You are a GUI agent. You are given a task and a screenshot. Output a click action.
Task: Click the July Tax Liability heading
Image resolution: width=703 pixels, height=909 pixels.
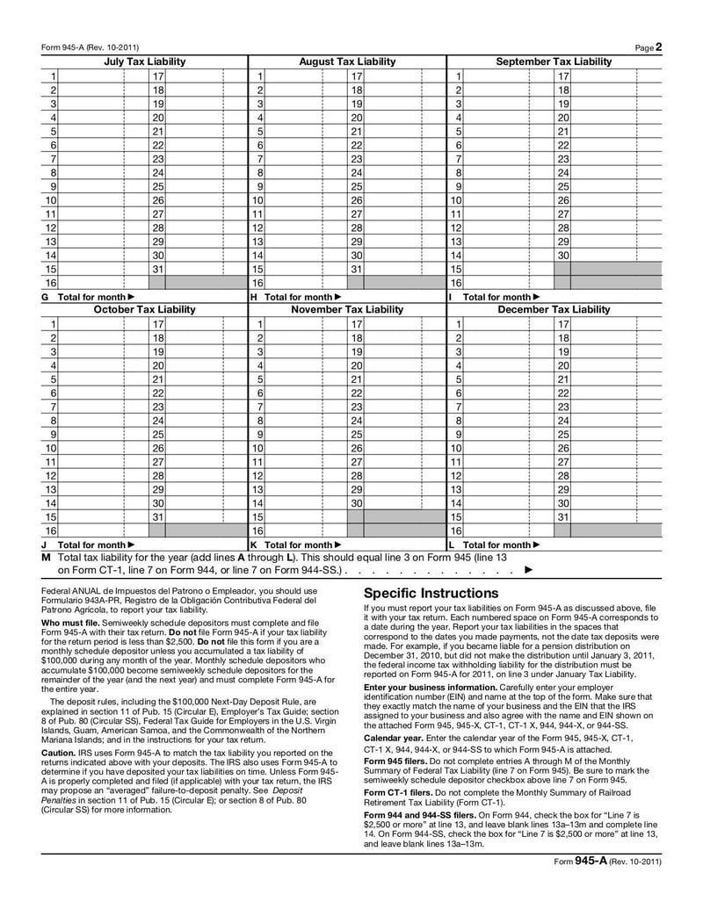[x=145, y=61]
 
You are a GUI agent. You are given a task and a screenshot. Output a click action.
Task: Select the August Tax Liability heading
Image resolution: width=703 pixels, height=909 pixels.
[x=347, y=61]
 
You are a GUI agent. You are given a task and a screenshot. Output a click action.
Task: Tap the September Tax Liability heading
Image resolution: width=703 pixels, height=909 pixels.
[x=554, y=61]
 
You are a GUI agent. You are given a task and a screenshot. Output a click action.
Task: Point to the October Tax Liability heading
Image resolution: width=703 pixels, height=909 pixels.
[x=145, y=310]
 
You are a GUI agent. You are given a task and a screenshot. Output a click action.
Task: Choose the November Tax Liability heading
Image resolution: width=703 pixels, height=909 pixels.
[x=347, y=310]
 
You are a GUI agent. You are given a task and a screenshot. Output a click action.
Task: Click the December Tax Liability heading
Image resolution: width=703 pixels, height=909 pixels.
[x=554, y=310]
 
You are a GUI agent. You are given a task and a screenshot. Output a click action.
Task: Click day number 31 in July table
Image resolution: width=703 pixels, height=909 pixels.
[x=158, y=269]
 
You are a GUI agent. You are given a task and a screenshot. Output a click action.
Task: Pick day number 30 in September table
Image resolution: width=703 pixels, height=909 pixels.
[x=562, y=255]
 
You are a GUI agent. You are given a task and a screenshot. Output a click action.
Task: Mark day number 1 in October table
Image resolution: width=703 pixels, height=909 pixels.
[x=54, y=324]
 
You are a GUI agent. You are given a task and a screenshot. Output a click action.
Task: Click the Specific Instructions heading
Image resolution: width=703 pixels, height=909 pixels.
[x=431, y=593]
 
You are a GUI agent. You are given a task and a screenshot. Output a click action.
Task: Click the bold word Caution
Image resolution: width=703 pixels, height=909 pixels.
[x=58, y=753]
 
